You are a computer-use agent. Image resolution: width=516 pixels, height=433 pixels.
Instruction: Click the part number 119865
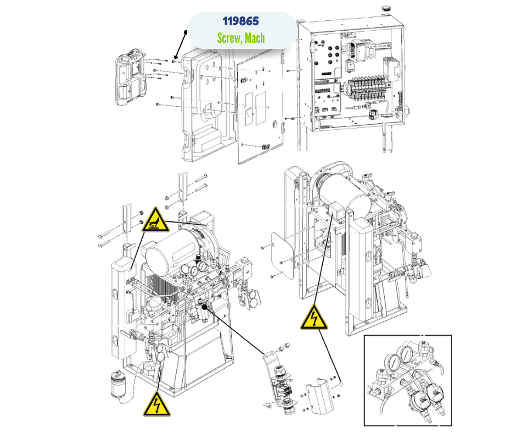pos(240,21)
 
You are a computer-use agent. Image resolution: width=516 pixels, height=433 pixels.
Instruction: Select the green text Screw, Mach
pos(240,37)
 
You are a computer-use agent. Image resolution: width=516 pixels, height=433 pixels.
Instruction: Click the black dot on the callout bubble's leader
pos(187,32)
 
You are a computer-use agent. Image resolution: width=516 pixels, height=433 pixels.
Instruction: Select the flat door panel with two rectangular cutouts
pos(261,107)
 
